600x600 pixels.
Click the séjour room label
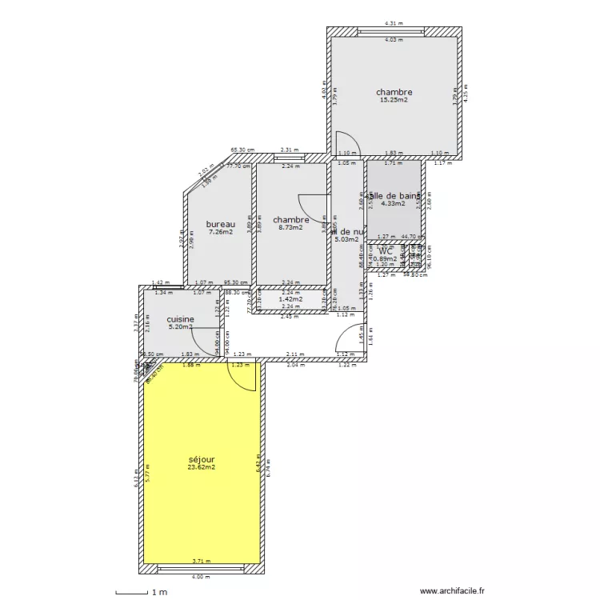click(202, 460)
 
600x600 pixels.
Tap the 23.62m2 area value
click(202, 468)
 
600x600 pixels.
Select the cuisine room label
click(180, 319)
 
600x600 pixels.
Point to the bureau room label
click(220, 224)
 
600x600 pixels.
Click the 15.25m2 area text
click(394, 100)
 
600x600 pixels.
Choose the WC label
click(387, 251)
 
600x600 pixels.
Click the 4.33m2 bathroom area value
click(393, 203)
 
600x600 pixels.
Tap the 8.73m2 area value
click(290, 227)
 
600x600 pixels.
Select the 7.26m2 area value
click(220, 232)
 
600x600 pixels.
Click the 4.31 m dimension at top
click(393, 23)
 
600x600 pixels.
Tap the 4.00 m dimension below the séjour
click(201, 577)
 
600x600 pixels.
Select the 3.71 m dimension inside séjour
click(201, 562)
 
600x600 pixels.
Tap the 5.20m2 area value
click(180, 326)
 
